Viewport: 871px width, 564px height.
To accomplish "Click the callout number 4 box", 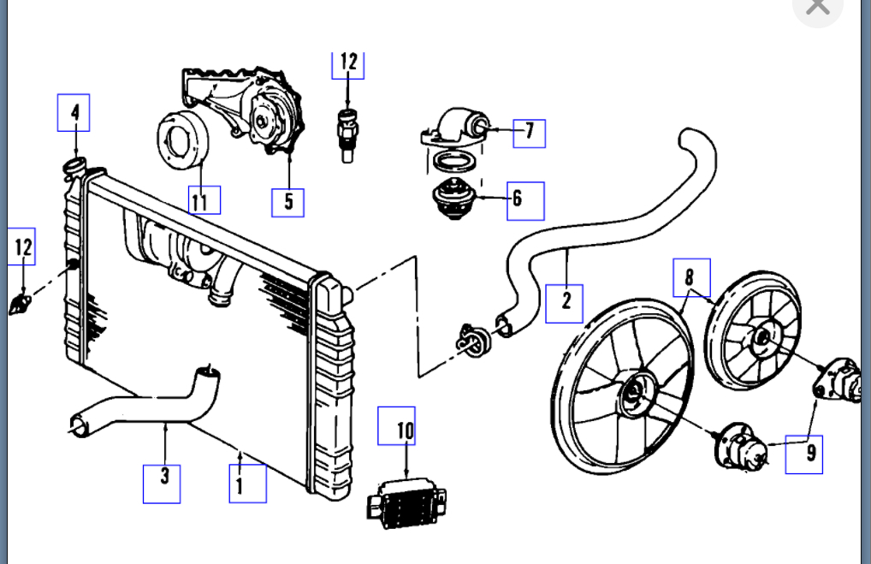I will [74, 112].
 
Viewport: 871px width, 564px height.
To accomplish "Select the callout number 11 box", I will [204, 200].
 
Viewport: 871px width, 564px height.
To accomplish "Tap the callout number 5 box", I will [288, 202].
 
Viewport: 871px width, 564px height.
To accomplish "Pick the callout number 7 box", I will [529, 132].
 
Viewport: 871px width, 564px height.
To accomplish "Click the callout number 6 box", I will [524, 200].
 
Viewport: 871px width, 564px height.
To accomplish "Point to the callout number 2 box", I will [565, 302].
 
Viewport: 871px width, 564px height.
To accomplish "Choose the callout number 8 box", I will [691, 276].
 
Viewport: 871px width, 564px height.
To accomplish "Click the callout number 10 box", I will [396, 425].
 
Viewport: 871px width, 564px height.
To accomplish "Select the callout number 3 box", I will [162, 483].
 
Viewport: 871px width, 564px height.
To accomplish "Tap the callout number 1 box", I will [248, 484].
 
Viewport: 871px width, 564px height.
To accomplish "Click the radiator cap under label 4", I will [74, 164].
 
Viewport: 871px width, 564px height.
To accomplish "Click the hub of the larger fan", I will [634, 393].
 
